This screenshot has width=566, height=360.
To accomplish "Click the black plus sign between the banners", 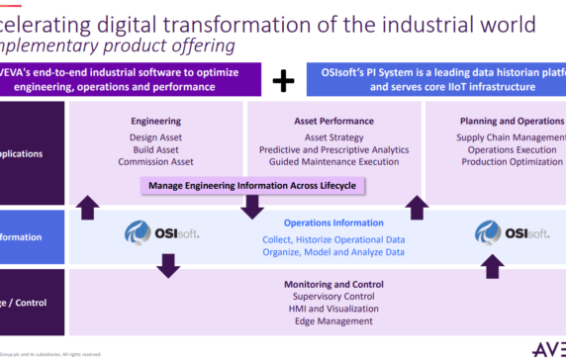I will click(283, 80).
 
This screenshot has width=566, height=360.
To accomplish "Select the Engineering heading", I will click(154, 121).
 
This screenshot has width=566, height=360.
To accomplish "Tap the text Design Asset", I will click(154, 136).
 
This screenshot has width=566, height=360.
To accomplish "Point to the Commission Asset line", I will click(154, 161).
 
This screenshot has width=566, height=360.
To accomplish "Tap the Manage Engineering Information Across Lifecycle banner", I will click(253, 185).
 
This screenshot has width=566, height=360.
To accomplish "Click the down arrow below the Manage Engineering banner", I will click(253, 207).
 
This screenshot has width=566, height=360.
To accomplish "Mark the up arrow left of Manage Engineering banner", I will click(88, 207).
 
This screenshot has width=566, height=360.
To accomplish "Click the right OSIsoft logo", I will click(512, 232).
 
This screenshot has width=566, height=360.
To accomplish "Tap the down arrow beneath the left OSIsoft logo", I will click(168, 264).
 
